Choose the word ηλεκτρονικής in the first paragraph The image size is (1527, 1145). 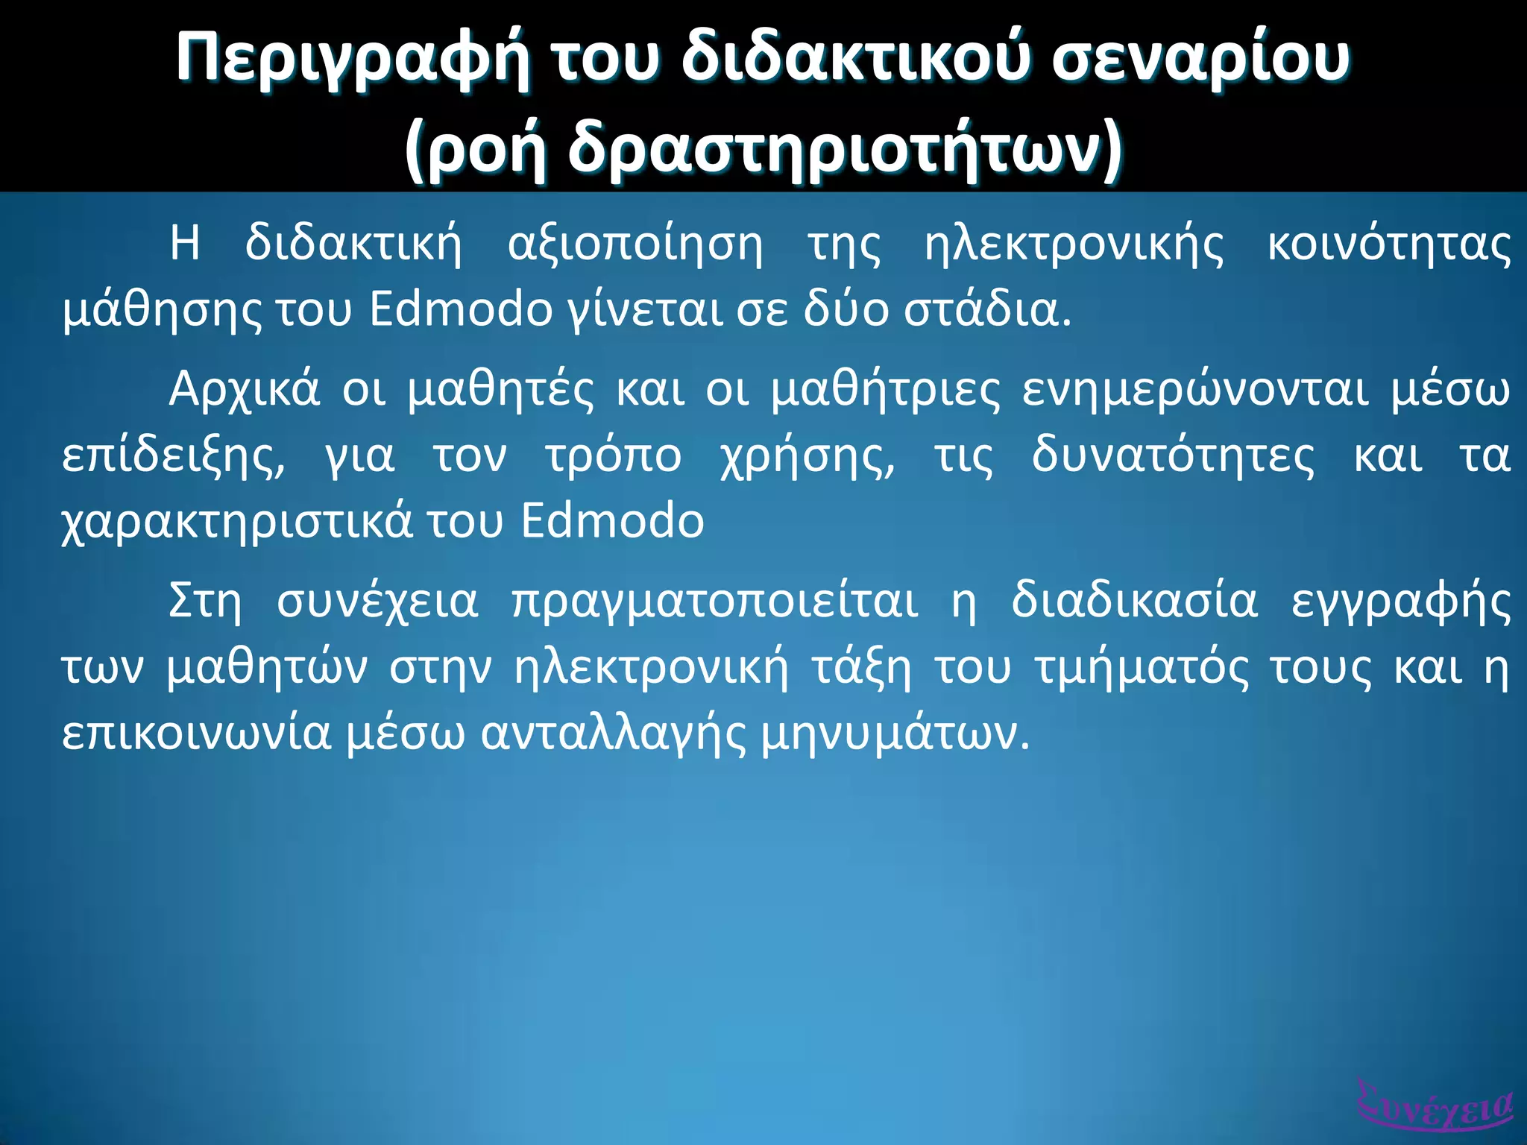coord(1074,245)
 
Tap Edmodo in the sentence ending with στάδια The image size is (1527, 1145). coord(461,309)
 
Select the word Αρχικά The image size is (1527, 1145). coord(245,389)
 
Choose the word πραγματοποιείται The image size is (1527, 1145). coord(715,601)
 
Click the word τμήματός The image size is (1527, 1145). coord(1142,668)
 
